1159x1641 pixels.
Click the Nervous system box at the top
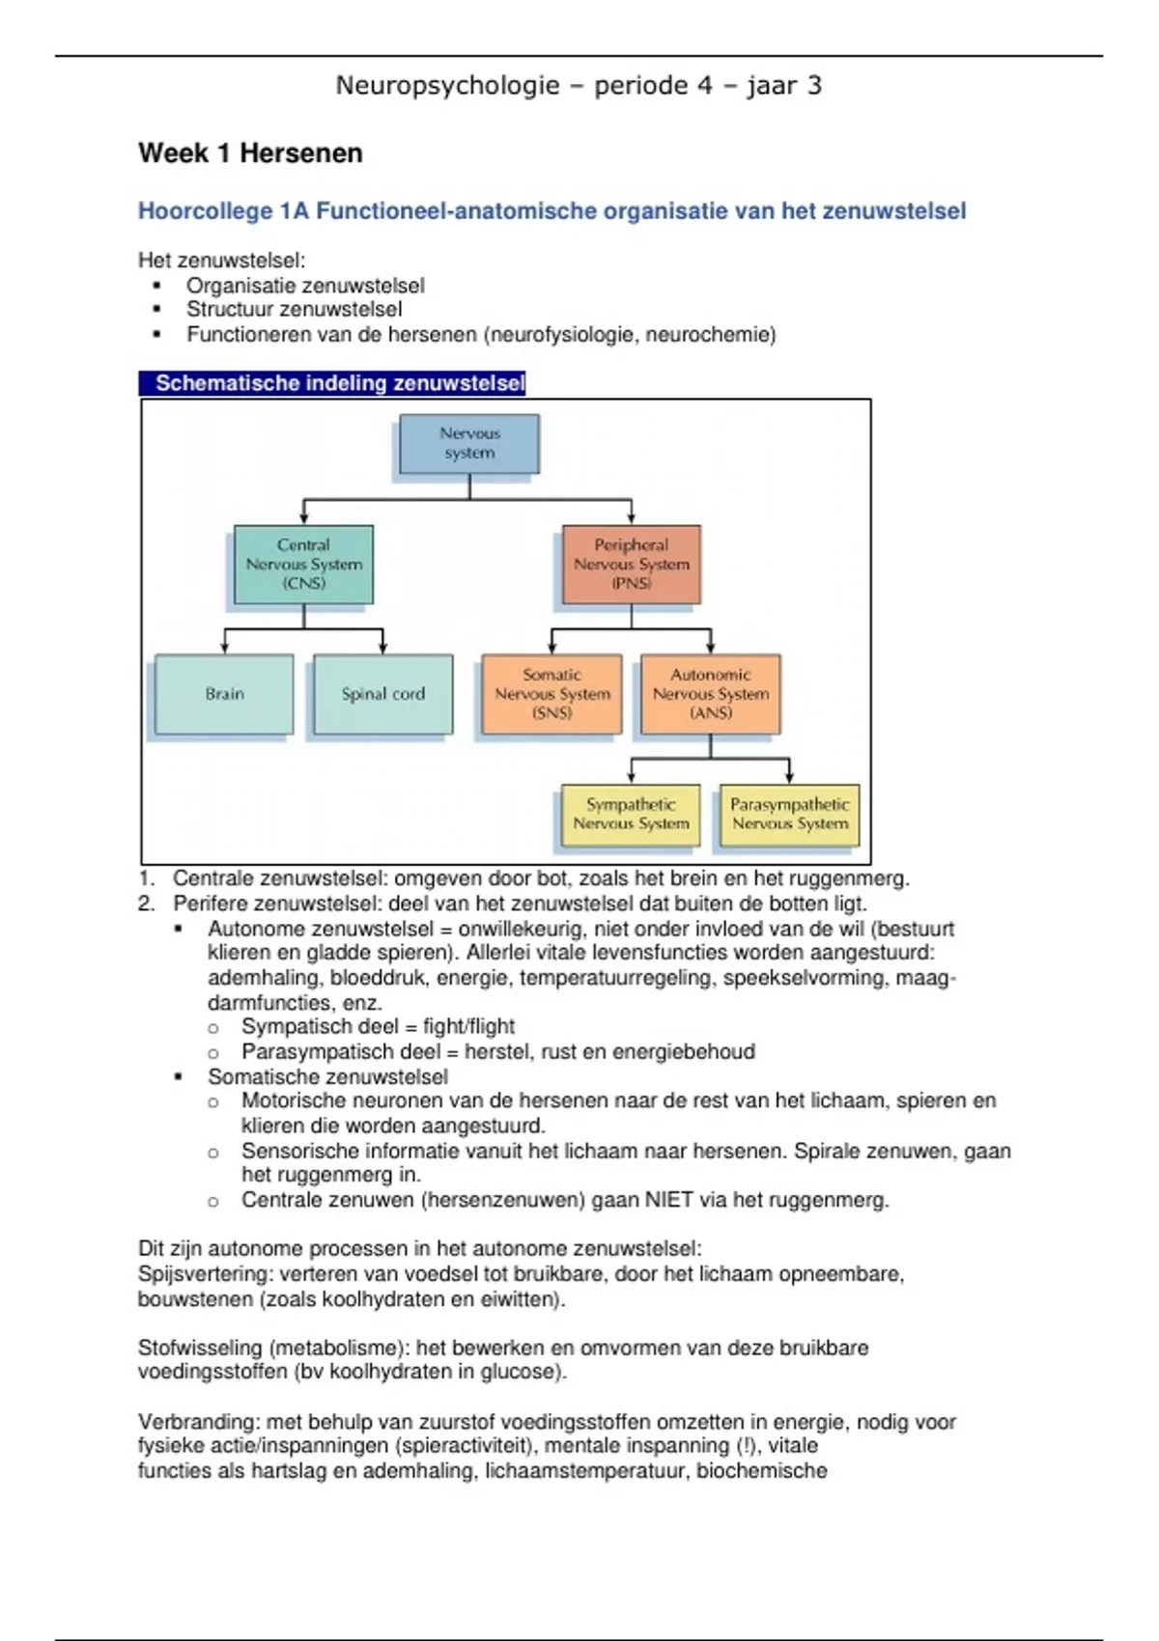469,444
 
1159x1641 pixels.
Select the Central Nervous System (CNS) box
303,565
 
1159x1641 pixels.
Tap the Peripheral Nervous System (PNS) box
632,565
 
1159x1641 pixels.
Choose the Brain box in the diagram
224,694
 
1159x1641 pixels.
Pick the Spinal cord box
382,694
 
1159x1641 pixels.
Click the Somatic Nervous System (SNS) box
551,694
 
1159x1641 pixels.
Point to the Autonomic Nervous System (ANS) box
710,694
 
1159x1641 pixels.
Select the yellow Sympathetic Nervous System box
631,815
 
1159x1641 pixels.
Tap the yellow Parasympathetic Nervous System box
789,815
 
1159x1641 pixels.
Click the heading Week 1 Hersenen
250,153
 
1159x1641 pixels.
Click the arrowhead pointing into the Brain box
225,649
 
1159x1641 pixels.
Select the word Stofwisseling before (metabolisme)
200,1348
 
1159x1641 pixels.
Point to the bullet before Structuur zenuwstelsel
157,310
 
